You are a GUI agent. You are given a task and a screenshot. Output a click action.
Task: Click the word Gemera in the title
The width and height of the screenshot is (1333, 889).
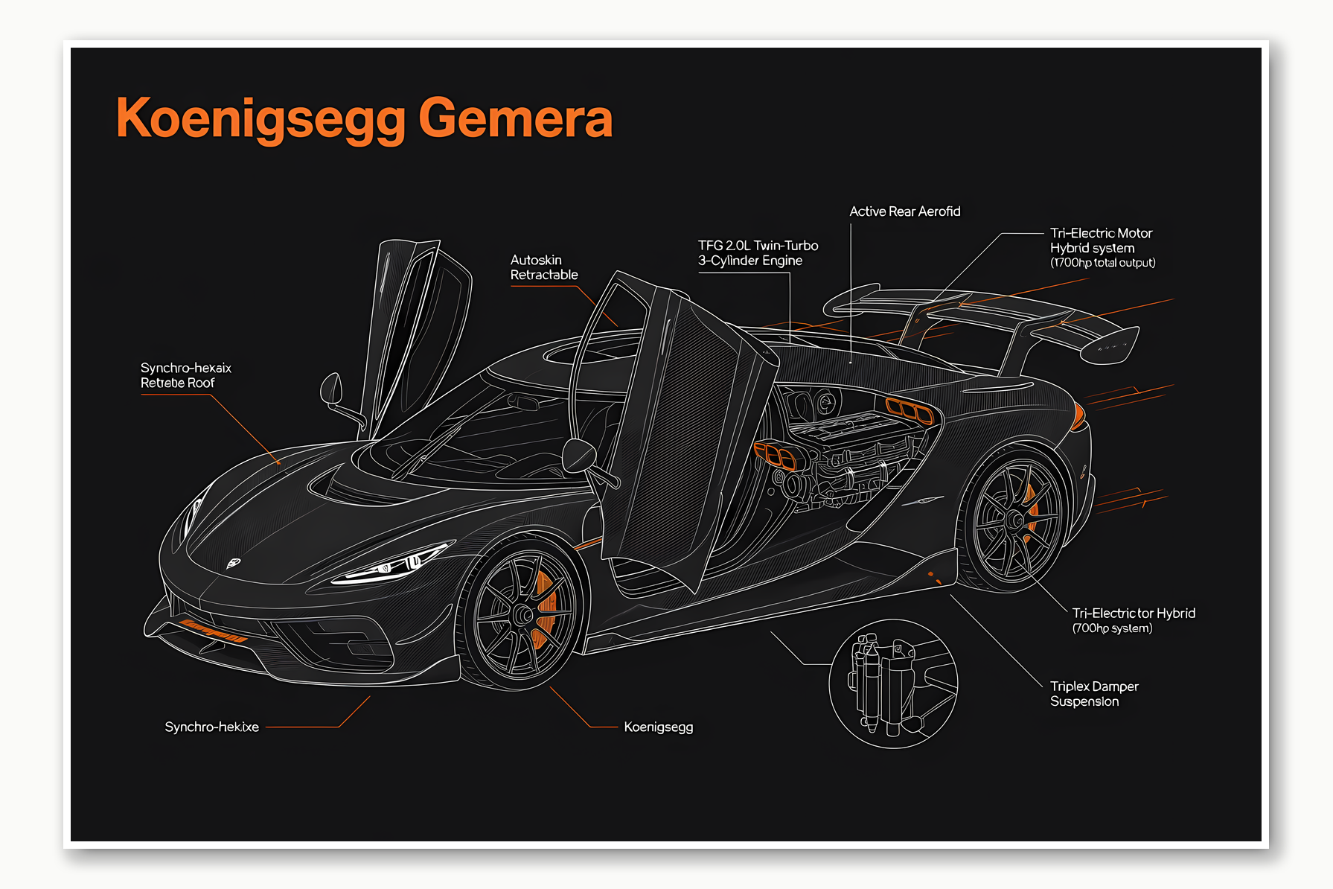(x=515, y=119)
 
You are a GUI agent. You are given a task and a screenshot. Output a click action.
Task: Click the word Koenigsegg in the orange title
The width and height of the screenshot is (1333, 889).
(x=261, y=119)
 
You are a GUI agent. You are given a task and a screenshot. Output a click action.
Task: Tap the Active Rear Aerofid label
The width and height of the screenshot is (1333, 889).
(x=904, y=211)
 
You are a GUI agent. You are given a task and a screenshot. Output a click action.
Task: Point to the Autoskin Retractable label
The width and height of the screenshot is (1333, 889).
(x=543, y=267)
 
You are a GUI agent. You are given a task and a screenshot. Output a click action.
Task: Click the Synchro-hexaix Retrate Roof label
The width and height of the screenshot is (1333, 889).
(x=185, y=375)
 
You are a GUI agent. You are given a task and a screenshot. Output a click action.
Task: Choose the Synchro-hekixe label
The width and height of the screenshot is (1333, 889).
(x=211, y=727)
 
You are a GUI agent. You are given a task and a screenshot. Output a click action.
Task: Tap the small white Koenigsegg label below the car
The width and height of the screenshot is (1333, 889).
(x=658, y=727)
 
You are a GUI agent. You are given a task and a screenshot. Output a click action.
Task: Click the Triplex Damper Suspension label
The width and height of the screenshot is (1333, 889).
(x=1093, y=693)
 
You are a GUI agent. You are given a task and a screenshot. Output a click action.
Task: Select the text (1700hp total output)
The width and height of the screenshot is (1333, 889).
(x=1102, y=263)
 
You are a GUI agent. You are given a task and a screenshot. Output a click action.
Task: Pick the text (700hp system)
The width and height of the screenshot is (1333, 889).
(x=1112, y=628)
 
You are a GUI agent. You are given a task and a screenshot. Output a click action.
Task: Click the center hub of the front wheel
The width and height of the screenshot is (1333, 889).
(x=523, y=615)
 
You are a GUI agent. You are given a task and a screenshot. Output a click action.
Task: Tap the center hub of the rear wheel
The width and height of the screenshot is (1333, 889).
(x=1014, y=520)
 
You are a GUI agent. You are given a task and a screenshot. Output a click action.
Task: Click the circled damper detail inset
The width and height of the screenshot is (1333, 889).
(x=892, y=684)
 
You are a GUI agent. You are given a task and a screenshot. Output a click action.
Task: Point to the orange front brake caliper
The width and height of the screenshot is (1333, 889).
(x=545, y=603)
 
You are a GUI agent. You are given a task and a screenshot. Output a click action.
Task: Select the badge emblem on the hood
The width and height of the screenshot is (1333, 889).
(x=233, y=563)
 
